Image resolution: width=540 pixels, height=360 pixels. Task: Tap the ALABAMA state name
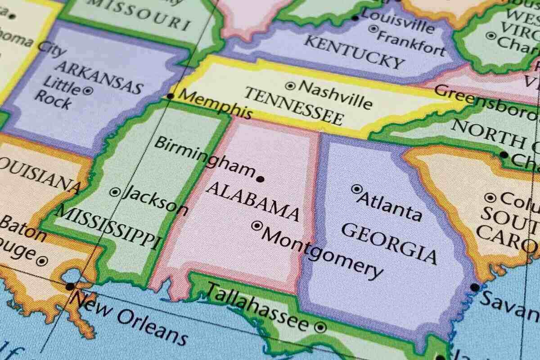coord(252,202)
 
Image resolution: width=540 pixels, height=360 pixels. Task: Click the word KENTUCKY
coord(354,52)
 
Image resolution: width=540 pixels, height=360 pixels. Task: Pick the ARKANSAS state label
coord(99,77)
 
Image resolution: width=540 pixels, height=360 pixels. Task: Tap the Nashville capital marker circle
coord(291,85)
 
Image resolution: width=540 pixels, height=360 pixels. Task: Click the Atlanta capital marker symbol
coord(357,189)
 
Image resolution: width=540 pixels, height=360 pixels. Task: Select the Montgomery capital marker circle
coord(257,225)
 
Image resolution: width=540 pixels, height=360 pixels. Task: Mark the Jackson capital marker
coord(115,192)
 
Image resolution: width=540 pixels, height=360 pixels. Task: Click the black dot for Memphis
coord(170,96)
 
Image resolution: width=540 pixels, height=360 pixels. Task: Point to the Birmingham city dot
coord(260,179)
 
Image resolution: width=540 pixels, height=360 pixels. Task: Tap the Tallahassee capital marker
coord(320,327)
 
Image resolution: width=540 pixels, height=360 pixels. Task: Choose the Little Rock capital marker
coord(88,90)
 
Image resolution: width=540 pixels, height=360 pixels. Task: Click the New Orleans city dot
coord(70,286)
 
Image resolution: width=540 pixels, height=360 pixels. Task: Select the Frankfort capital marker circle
coord(373,29)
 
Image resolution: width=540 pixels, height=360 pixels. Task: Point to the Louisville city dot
coord(355,18)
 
